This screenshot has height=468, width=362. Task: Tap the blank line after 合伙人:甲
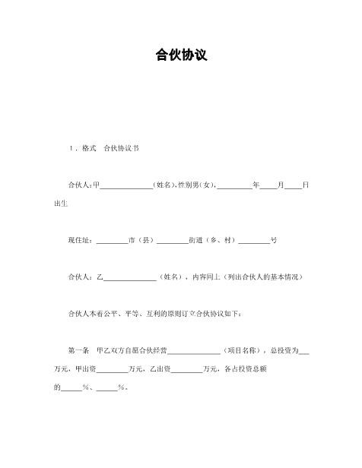(126, 185)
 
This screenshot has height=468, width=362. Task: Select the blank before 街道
(172, 240)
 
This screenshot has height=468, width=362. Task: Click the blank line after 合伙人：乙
(129, 277)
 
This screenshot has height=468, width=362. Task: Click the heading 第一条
(78, 350)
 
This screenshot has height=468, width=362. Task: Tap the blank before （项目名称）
(193, 350)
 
